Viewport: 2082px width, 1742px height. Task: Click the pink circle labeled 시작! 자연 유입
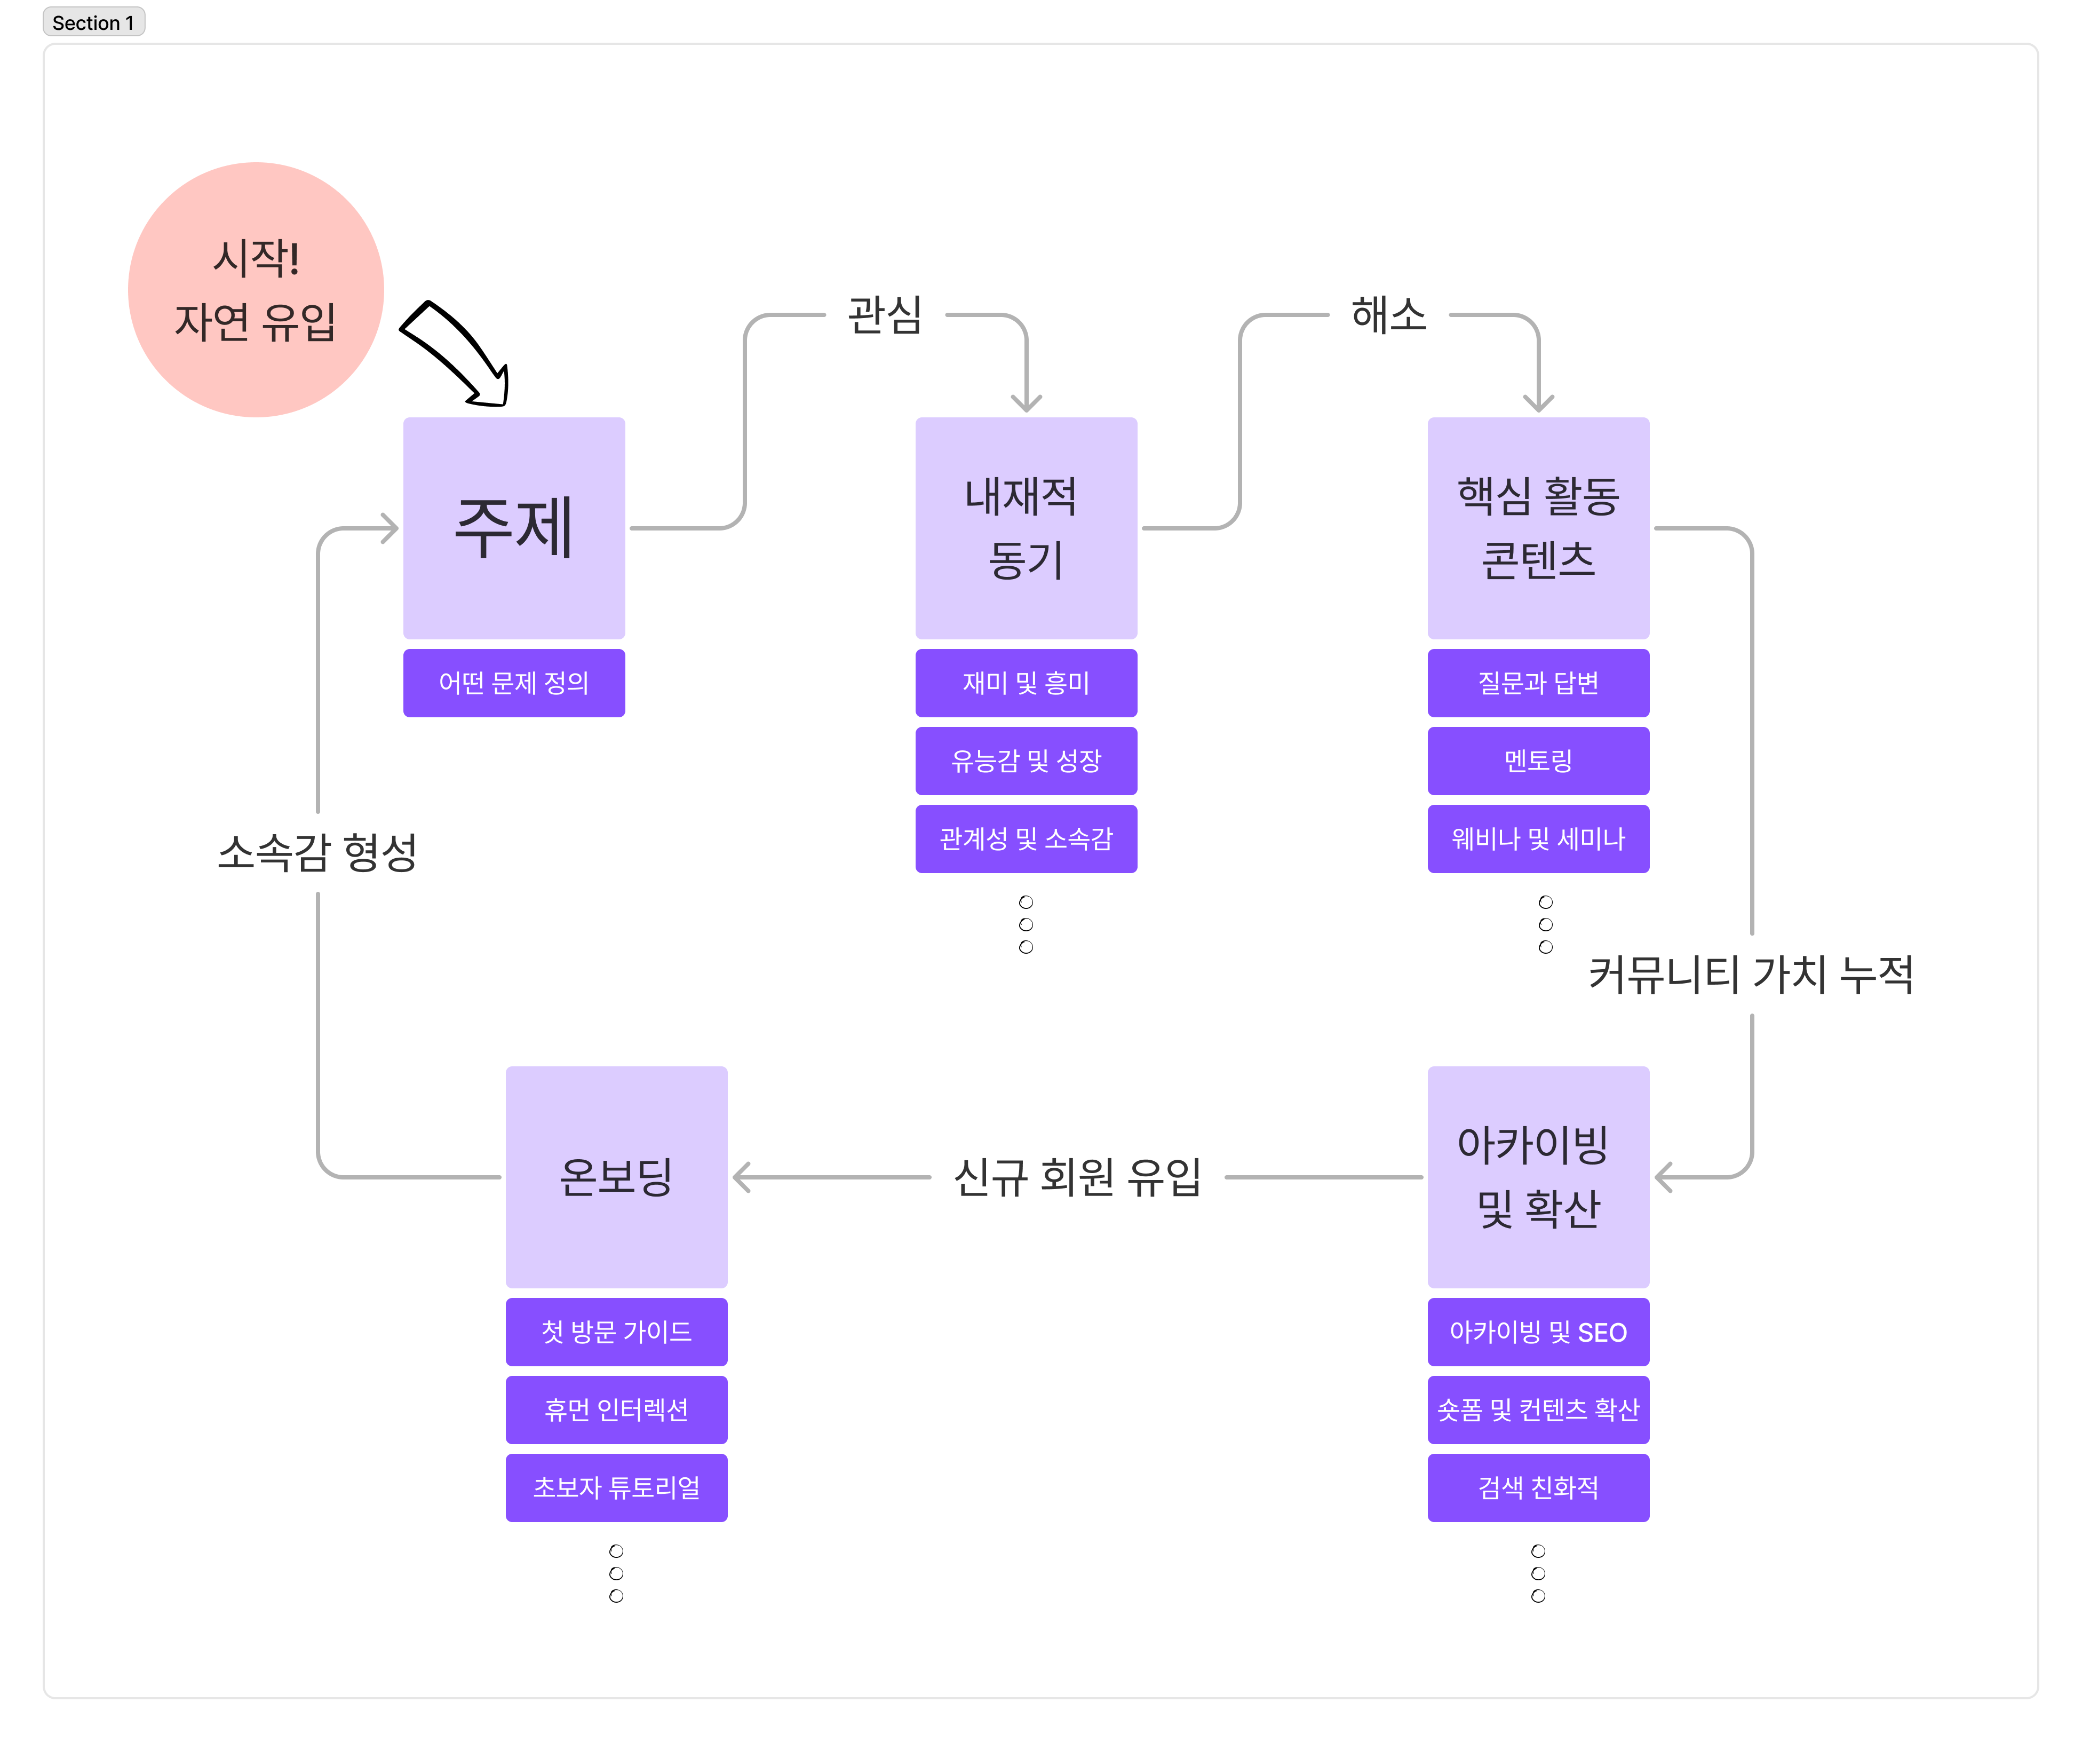click(256, 289)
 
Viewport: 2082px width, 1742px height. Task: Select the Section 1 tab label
click(93, 22)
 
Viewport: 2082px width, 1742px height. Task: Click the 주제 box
click(513, 527)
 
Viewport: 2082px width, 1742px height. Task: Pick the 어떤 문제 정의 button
click(513, 682)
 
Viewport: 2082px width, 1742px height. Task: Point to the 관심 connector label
click(884, 315)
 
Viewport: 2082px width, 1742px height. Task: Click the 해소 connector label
click(1388, 315)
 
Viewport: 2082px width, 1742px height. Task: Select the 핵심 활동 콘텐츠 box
click(1538, 527)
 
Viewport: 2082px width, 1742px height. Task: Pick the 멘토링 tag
click(1538, 761)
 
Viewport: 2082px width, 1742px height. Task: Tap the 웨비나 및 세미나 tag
click(1538, 839)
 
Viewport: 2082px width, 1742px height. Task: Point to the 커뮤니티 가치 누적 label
click(1750, 973)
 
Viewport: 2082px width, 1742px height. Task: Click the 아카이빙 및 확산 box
click(1538, 1177)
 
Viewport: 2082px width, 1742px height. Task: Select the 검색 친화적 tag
click(1538, 1487)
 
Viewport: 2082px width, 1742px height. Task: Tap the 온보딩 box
click(616, 1177)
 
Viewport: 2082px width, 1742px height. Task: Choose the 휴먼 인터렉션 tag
click(616, 1409)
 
